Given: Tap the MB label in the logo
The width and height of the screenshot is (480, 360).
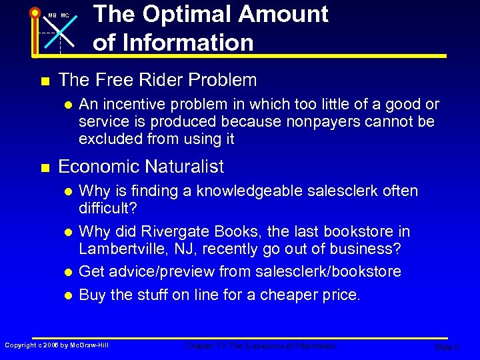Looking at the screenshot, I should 52,15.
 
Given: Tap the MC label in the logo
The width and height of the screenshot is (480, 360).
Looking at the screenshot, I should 65,15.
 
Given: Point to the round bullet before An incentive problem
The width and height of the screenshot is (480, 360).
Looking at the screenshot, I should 67,105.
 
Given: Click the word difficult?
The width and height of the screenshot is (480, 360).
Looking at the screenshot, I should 107,209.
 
